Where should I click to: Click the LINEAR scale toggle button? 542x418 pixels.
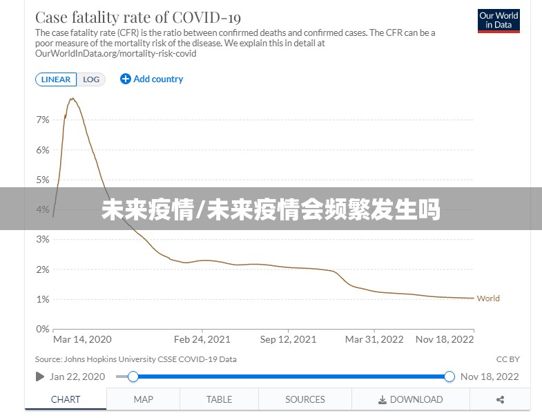pyautogui.click(x=56, y=79)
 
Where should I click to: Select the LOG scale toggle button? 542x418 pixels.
pyautogui.click(x=91, y=79)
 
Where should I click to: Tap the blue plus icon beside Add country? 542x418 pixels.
pyautogui.click(x=125, y=79)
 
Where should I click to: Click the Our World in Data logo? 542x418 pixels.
pyautogui.click(x=499, y=21)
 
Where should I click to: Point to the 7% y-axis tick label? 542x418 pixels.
pyautogui.click(x=43, y=120)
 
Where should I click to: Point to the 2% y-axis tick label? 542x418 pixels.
pyautogui.click(x=43, y=269)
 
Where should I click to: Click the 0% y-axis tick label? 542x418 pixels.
pyautogui.click(x=43, y=329)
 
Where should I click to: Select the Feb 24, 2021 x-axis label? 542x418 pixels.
pyautogui.click(x=202, y=339)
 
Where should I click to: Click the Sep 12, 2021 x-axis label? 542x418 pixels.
pyautogui.click(x=289, y=339)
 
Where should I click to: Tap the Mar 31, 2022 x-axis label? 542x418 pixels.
pyautogui.click(x=374, y=339)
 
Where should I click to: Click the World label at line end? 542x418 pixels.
pyautogui.click(x=488, y=298)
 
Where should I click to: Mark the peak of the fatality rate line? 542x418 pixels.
pyautogui.click(x=72, y=99)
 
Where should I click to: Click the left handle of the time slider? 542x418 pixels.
pyautogui.click(x=133, y=377)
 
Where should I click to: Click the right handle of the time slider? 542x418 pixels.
pyautogui.click(x=449, y=377)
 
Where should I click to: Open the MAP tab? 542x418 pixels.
pyautogui.click(x=143, y=399)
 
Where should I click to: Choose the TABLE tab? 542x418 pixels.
pyautogui.click(x=219, y=399)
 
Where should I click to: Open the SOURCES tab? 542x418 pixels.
pyautogui.click(x=305, y=399)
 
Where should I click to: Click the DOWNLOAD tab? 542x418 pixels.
pyautogui.click(x=411, y=399)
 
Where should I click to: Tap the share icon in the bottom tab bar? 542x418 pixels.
pyautogui.click(x=500, y=399)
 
